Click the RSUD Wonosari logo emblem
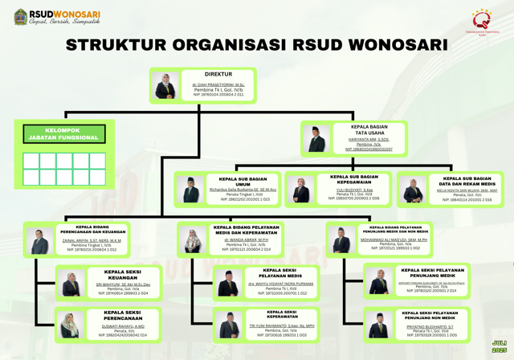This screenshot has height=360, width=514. point(20,18)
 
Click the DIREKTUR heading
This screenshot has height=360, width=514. point(218,75)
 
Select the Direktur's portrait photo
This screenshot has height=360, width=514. point(166,85)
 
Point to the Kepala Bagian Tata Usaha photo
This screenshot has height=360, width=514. point(316,138)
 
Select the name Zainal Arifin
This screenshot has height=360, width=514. point(92,240)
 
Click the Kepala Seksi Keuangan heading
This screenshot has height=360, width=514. point(122,274)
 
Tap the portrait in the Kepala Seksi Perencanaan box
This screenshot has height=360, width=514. point(70,325)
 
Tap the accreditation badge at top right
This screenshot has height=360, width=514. point(481,21)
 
